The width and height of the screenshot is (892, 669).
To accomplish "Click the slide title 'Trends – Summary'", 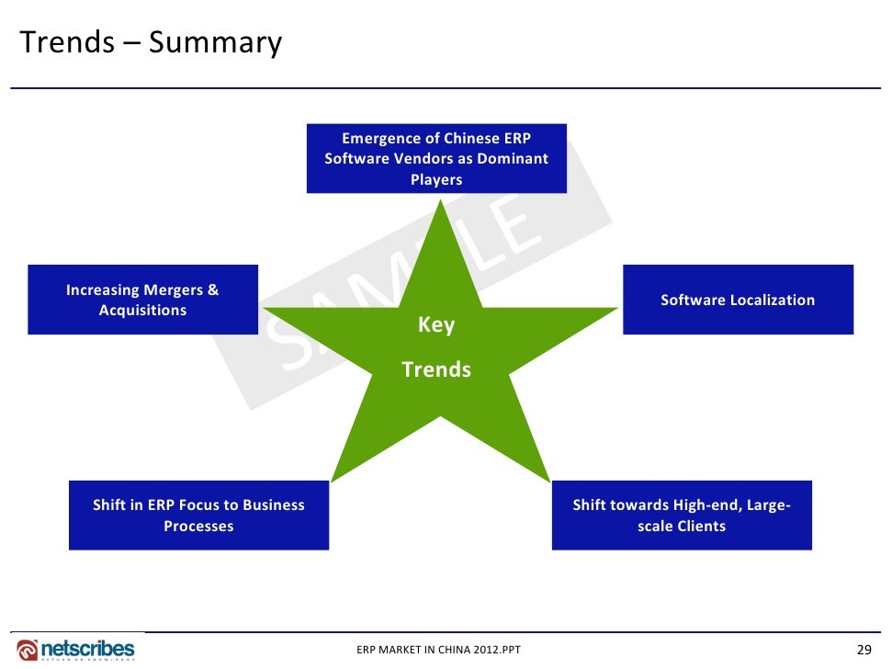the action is click(151, 43).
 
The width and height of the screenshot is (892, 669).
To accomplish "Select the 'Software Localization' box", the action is click(738, 300).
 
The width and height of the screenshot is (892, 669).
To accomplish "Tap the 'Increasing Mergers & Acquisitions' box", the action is click(142, 300).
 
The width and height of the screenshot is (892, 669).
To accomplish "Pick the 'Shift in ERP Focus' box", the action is click(198, 516).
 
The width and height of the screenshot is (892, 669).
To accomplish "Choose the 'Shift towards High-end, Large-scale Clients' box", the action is click(682, 516).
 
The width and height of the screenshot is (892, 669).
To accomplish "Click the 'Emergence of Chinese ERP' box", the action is click(436, 158).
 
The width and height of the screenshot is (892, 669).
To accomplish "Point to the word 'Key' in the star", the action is click(436, 325).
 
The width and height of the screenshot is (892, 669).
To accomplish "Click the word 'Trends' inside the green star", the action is click(436, 369).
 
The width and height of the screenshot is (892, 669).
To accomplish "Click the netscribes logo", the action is click(77, 648).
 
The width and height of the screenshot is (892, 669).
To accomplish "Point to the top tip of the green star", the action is click(442, 203).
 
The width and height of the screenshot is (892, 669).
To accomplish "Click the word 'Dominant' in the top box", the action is click(507, 158).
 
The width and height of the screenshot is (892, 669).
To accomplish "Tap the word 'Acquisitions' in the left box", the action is click(142, 311).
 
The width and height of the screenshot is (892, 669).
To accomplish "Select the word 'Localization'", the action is click(772, 300).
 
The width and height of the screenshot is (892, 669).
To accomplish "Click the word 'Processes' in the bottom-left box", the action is click(198, 527).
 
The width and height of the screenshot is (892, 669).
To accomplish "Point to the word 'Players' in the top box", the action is click(436, 179).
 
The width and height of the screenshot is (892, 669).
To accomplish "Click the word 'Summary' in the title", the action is click(215, 43).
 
